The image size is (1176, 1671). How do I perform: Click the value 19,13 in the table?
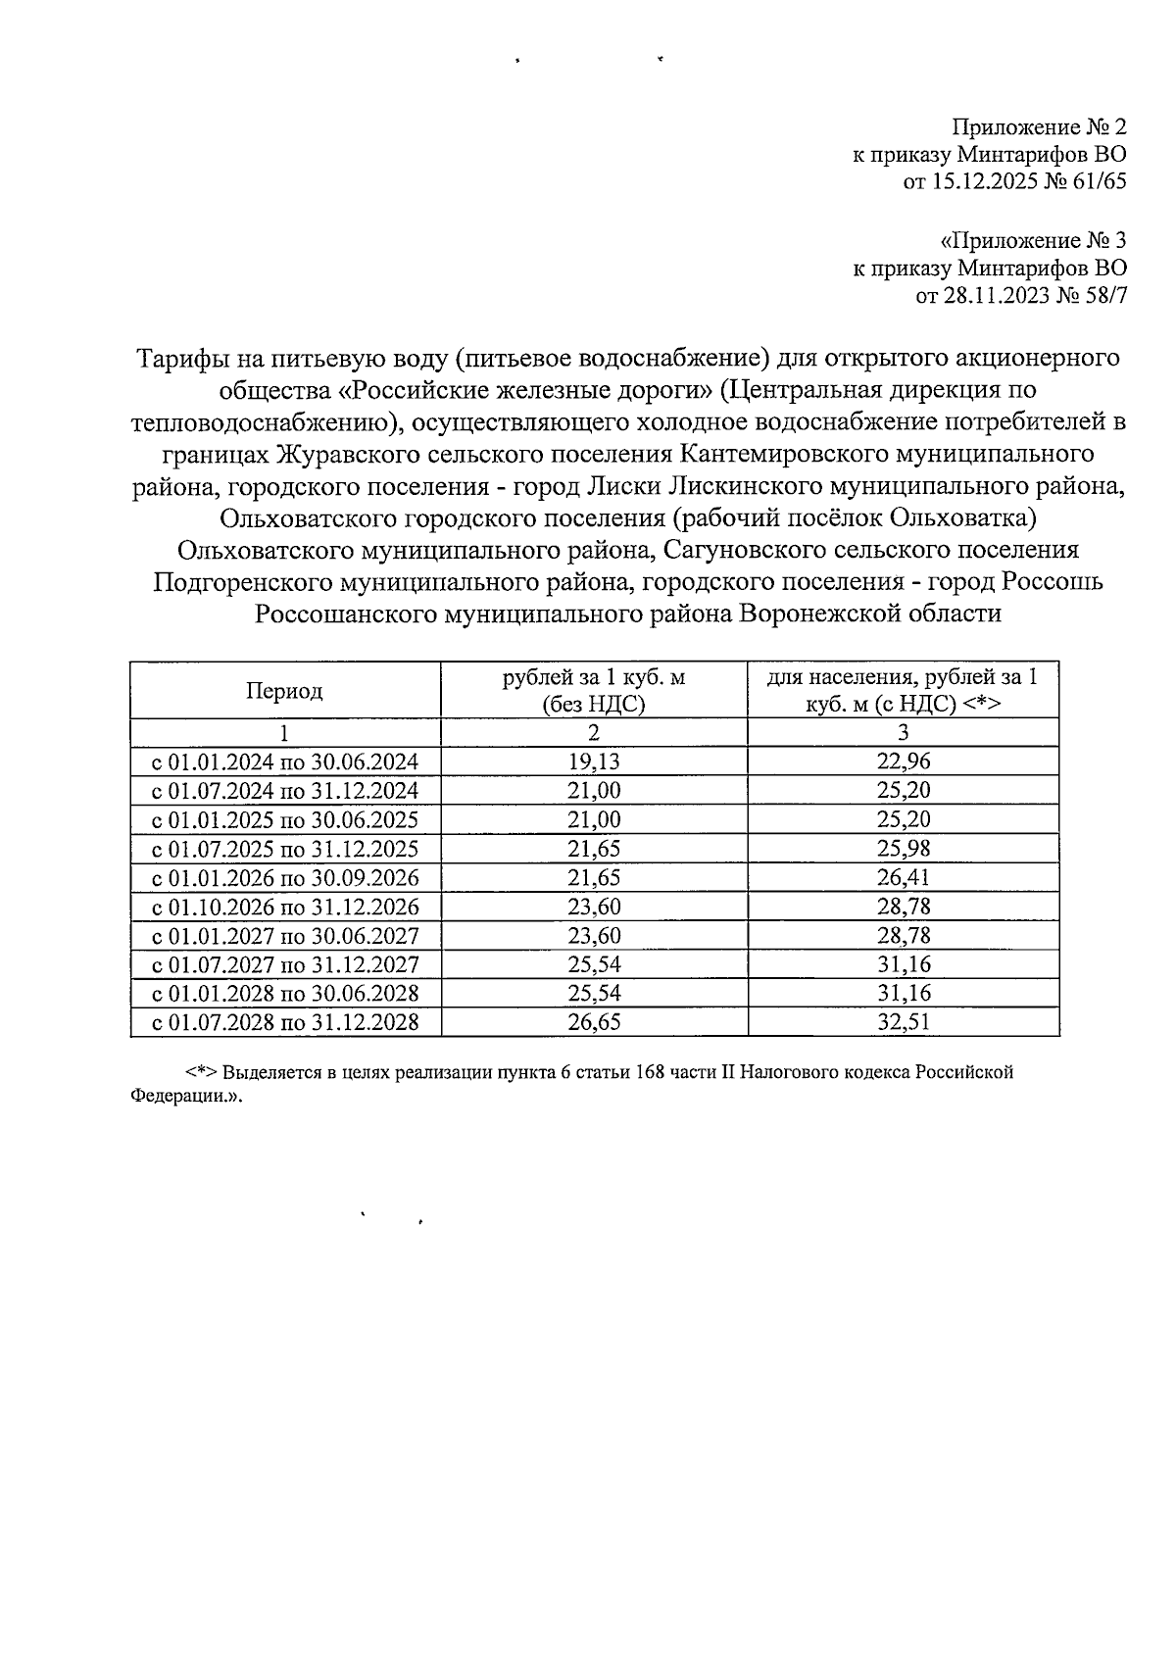[594, 762]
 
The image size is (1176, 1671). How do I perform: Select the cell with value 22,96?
[903, 762]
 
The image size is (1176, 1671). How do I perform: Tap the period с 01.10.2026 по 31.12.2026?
[285, 907]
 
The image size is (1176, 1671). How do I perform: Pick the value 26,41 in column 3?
[903, 877]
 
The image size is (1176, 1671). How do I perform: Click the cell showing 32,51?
[903, 1023]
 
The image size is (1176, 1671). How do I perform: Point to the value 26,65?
[594, 1023]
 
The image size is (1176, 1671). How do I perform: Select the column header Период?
[284, 691]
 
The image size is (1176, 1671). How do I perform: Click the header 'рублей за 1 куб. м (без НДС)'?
[594, 691]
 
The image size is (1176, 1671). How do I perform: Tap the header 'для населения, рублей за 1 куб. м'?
[903, 691]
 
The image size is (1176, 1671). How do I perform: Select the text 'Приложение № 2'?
[1040, 127]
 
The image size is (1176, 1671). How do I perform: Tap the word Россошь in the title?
[1054, 581]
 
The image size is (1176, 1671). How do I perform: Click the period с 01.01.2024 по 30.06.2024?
[285, 762]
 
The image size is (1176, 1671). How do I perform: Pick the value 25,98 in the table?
[903, 849]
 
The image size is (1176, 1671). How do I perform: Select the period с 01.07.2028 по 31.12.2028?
[285, 1023]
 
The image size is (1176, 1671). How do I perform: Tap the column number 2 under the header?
[594, 733]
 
